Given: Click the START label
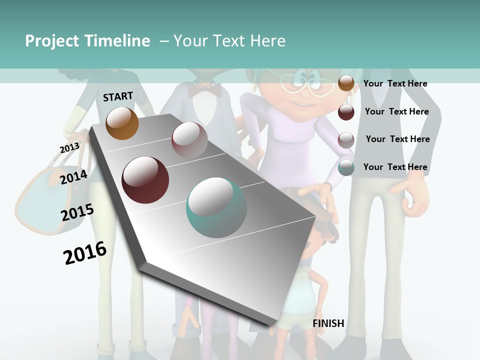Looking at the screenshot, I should click(118, 96).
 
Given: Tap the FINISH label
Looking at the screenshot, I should click(328, 323).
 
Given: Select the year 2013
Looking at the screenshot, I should click(69, 148).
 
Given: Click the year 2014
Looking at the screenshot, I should click(74, 177).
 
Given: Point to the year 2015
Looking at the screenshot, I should click(77, 212).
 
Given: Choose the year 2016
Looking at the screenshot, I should click(85, 253).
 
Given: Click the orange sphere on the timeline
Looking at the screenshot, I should click(122, 123).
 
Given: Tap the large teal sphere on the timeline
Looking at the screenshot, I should click(216, 207).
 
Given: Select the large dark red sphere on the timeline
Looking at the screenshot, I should click(145, 180).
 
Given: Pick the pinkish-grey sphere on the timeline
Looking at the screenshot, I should click(189, 139).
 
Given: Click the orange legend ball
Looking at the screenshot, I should click(346, 83).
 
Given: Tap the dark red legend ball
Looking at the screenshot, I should click(346, 112).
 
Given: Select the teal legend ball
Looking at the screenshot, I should click(346, 167).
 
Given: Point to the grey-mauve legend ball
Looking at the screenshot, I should click(346, 140).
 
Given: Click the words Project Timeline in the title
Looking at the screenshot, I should click(87, 41).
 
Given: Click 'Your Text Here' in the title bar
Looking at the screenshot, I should click(229, 41).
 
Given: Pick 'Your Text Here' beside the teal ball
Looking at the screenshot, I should click(395, 167).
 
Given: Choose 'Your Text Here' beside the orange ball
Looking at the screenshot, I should click(395, 83).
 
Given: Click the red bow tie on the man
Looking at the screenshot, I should click(205, 90).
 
